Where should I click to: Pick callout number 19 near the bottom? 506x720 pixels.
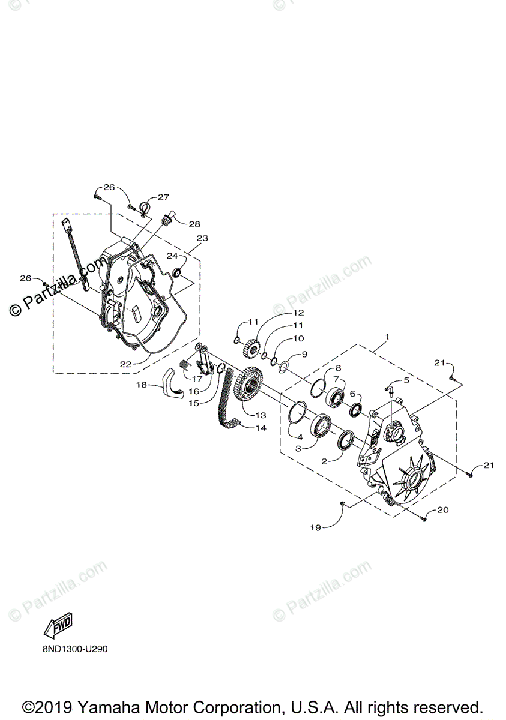[316, 527]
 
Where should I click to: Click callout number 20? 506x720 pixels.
[442, 510]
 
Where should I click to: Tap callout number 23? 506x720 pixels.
[202, 238]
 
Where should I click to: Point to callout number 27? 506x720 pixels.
[164, 197]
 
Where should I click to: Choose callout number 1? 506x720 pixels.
[387, 337]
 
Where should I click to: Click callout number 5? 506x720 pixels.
[406, 380]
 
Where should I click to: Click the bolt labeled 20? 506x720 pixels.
[425, 515]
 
